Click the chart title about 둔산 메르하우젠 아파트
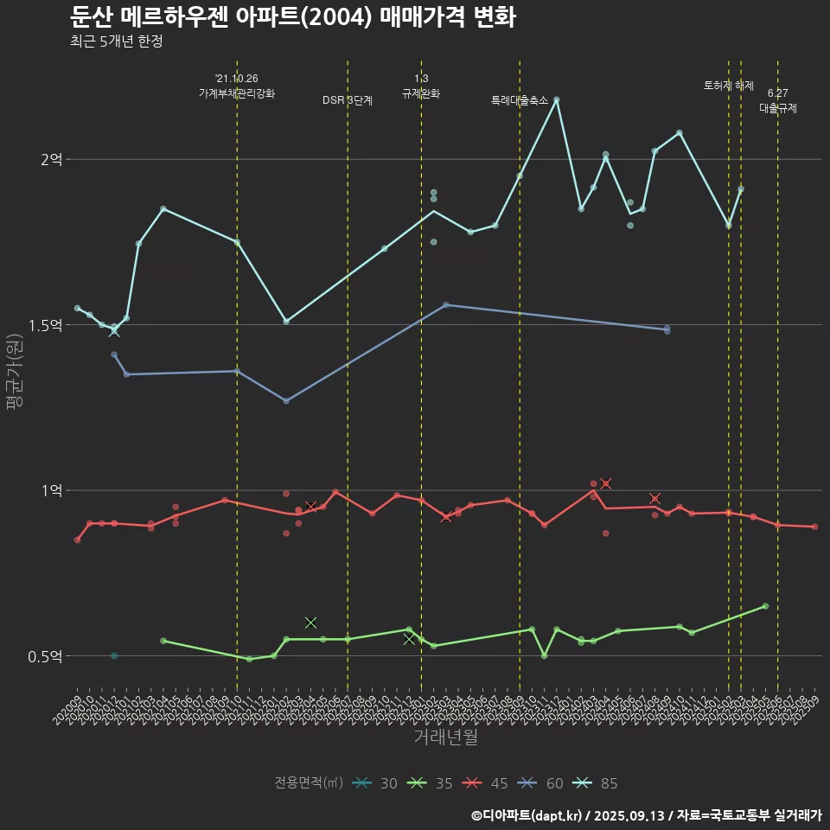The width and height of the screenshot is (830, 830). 292,16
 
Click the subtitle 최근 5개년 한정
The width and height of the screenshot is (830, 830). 116,41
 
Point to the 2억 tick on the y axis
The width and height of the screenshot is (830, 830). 52,159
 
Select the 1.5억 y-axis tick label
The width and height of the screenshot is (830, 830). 47,325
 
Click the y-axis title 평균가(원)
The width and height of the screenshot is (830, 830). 16,372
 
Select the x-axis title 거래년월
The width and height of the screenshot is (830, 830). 445,737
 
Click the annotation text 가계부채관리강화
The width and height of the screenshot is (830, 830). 237,93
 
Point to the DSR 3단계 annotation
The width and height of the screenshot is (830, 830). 348,100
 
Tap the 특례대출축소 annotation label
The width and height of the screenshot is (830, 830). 520,100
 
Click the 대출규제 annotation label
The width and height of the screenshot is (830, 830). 778,109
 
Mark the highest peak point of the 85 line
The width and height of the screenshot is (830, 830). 557,99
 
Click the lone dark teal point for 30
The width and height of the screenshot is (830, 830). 114,656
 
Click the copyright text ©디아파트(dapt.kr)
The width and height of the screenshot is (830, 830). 527,814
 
